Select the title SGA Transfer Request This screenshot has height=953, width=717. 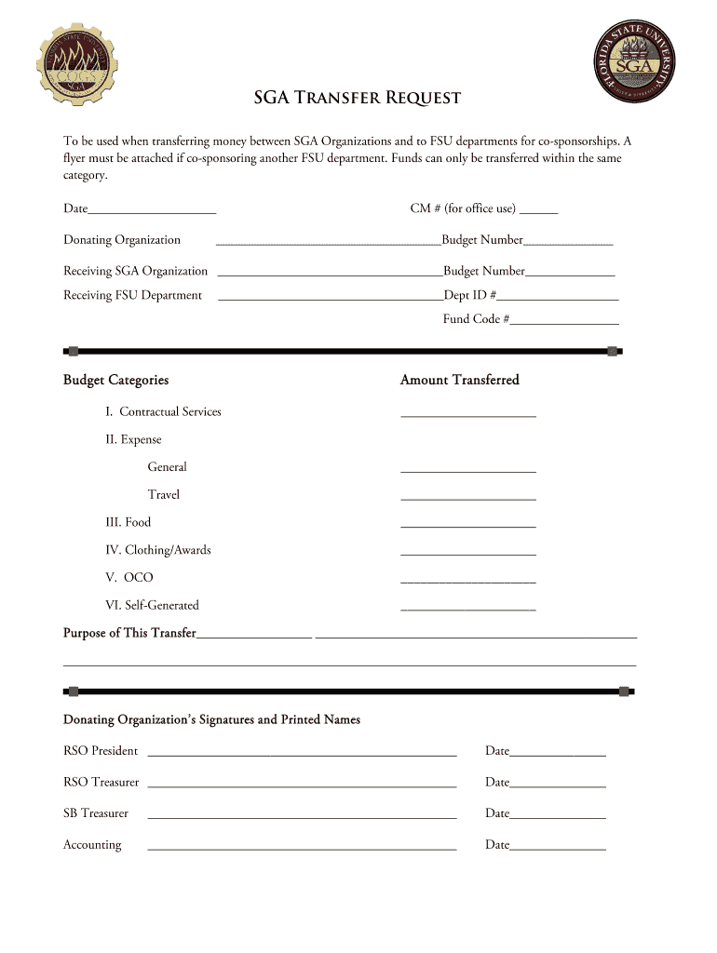pos(358,99)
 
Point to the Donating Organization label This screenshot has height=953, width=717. pos(122,240)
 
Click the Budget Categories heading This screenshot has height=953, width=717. pos(115,380)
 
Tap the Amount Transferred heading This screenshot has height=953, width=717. pos(459,380)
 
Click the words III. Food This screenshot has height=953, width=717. pos(128,522)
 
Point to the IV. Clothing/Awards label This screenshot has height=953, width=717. pos(157,550)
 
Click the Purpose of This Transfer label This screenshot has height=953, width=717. pos(129,633)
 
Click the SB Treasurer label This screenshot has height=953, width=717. pos(96,813)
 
